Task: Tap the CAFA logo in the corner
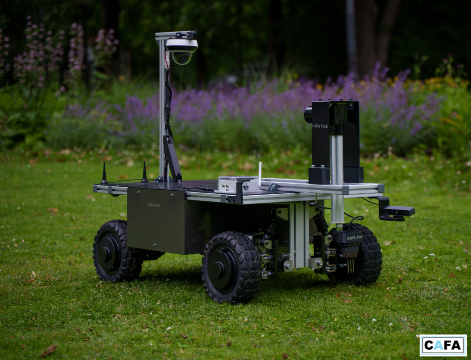coord(443,345)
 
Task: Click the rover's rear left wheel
coord(117,251)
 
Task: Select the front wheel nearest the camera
coord(230,267)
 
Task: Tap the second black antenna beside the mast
coord(144,172)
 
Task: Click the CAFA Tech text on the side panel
coord(154,205)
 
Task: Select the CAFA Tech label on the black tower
coord(320,126)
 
